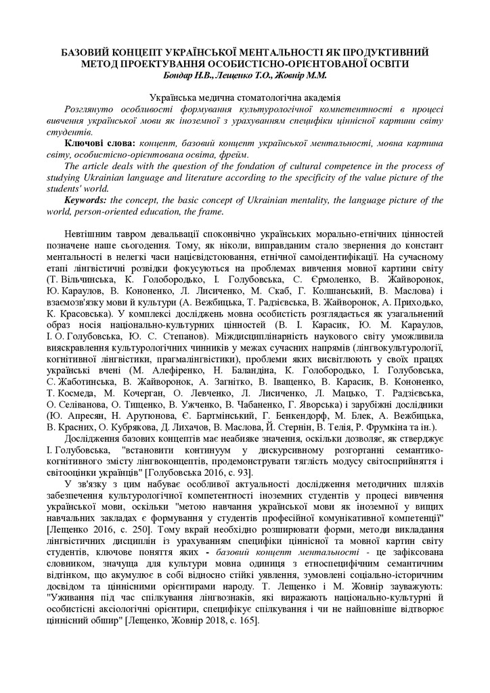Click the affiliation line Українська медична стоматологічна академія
click(x=244, y=98)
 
